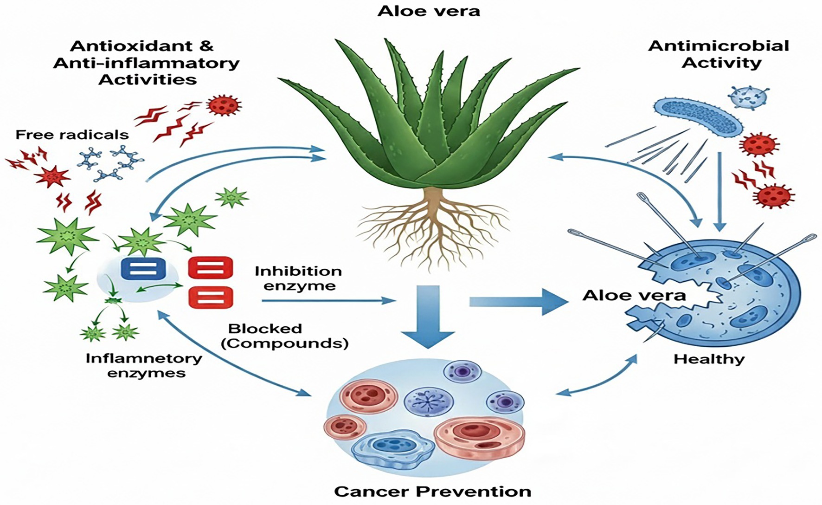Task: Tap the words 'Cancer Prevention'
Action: point(432,491)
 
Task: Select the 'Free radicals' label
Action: point(72,135)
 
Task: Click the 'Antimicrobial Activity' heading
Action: point(719,54)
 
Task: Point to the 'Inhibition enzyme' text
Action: point(299,278)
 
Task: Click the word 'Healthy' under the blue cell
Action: point(708,359)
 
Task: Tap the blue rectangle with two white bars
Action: point(143,269)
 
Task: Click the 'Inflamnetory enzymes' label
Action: point(144,365)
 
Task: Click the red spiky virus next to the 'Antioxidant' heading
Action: point(225,105)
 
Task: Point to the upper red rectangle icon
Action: point(210,268)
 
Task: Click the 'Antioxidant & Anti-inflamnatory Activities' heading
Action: point(147,63)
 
